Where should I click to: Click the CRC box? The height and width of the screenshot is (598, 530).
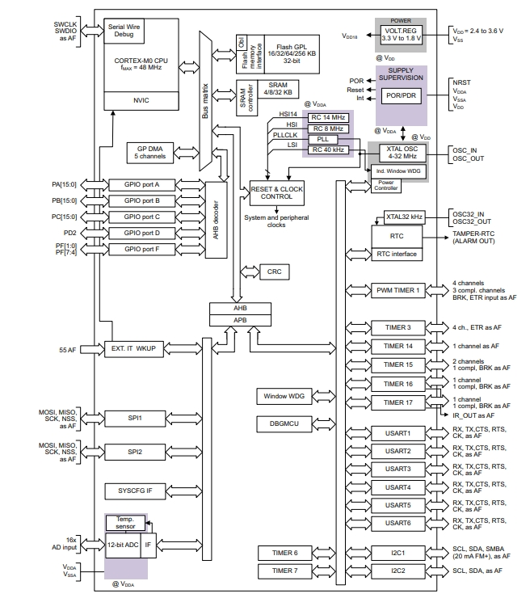274,272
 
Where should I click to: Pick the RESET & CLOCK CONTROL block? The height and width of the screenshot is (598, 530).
277,192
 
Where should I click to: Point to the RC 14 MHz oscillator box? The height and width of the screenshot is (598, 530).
328,118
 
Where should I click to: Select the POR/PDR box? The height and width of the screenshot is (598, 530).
402,95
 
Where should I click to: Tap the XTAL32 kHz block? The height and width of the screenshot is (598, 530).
403,217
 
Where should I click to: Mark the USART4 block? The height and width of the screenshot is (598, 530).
397,487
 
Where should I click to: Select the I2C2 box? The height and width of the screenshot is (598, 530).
397,571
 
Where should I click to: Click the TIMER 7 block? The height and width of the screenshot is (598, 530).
284,571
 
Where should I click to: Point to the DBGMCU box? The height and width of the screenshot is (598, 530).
284,423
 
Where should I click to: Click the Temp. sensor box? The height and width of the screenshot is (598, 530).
125,522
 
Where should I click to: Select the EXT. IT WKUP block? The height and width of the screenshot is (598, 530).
134,349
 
